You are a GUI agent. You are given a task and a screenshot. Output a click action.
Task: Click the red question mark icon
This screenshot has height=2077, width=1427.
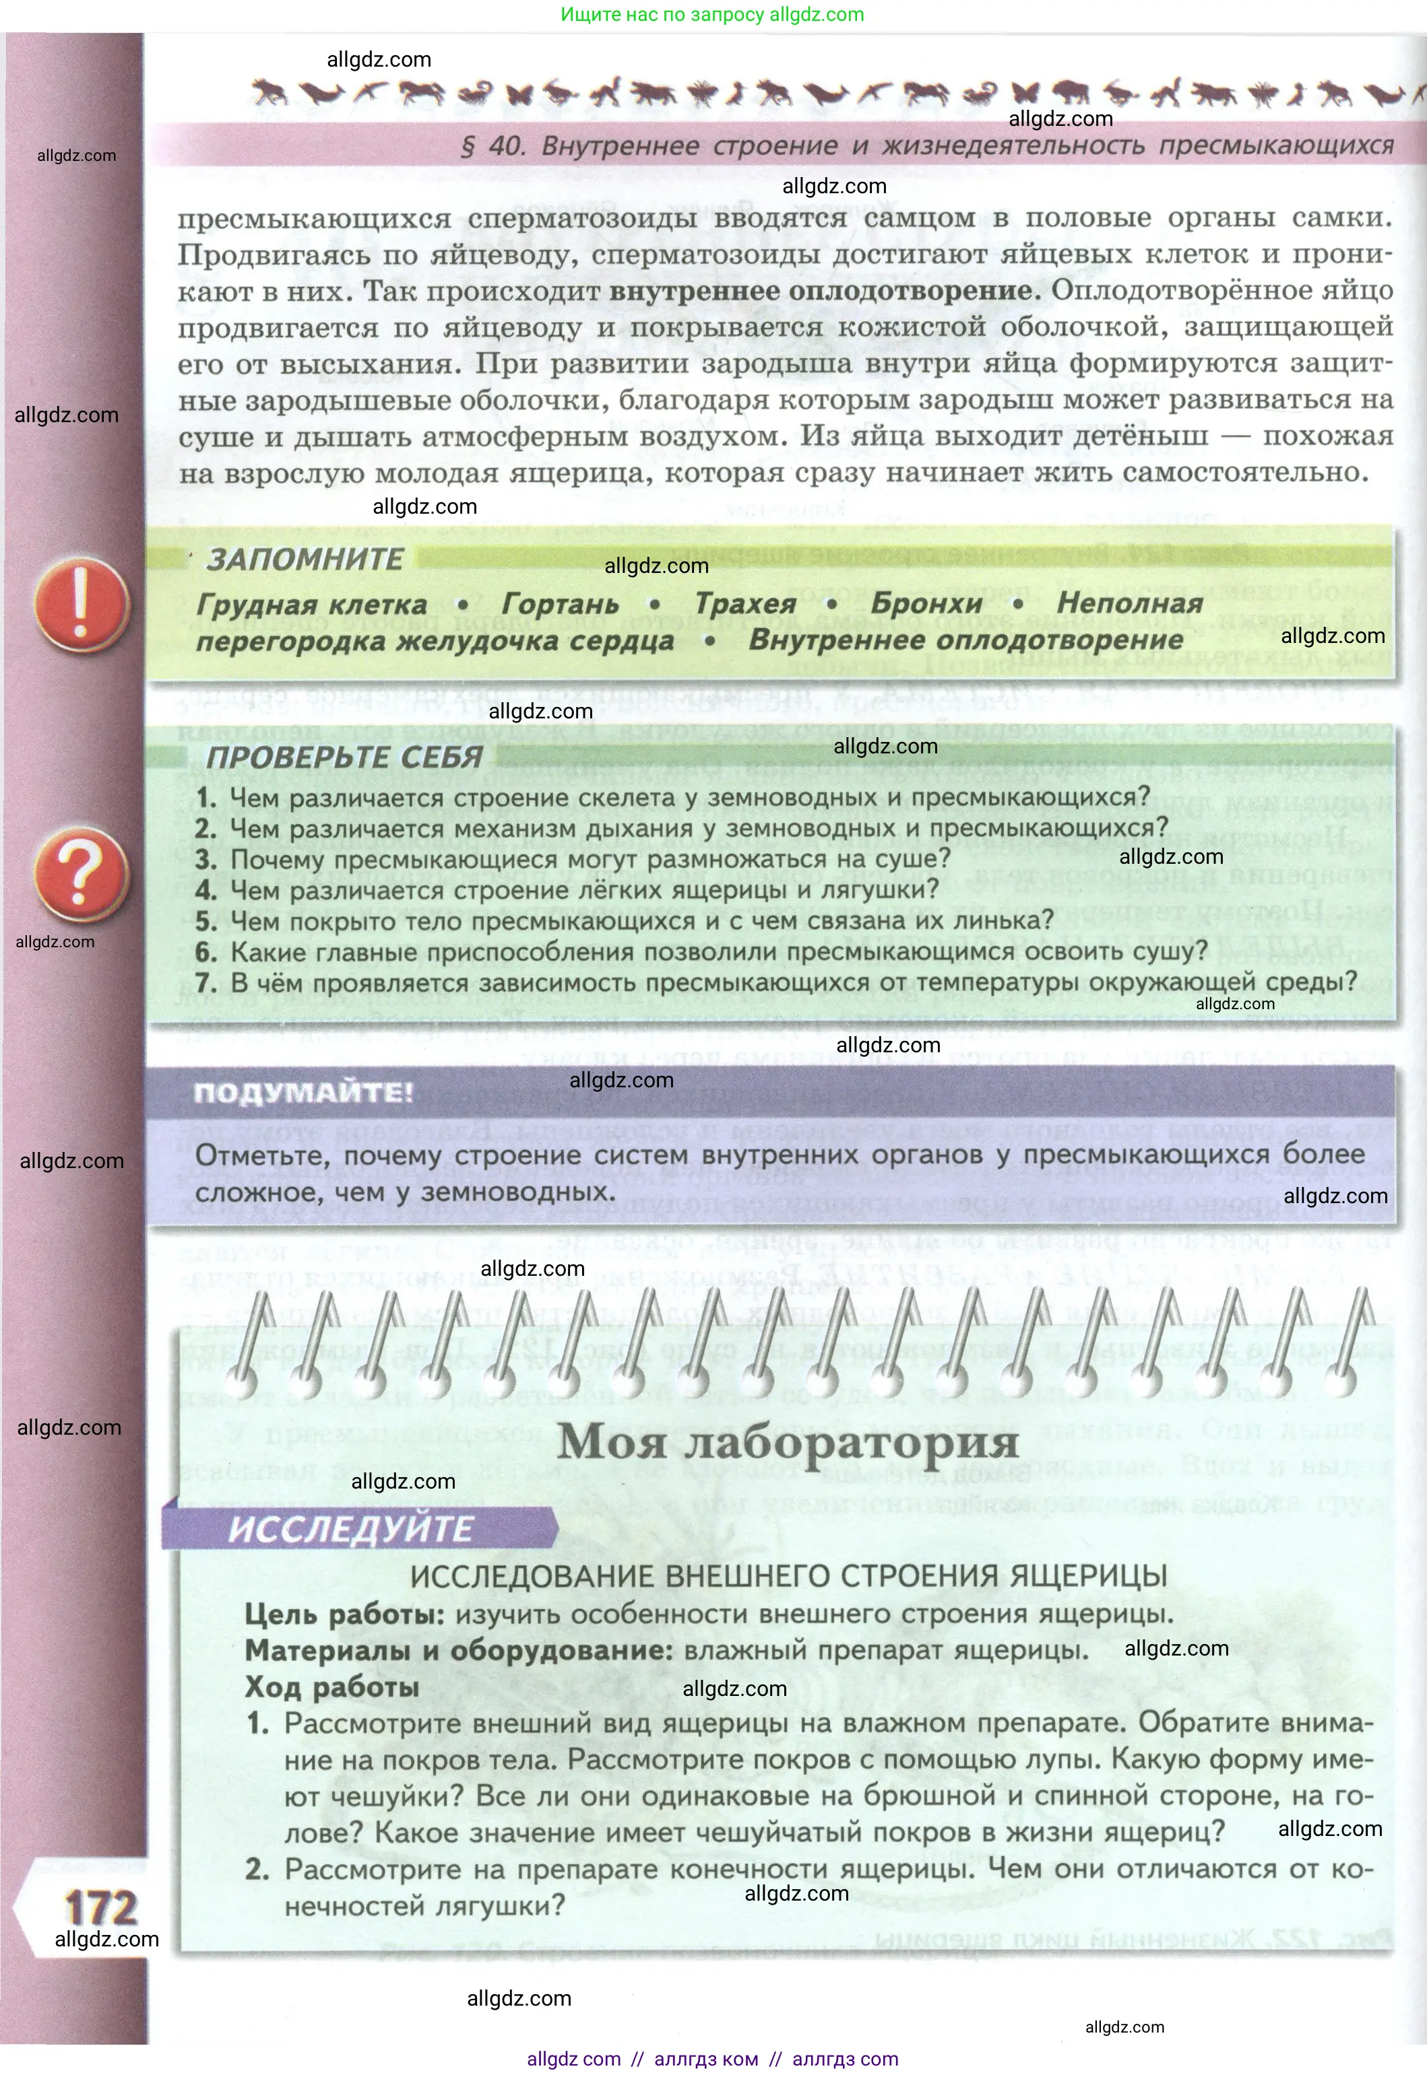pyautogui.click(x=82, y=874)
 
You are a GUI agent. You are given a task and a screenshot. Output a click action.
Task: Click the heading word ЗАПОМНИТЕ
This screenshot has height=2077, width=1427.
pyautogui.click(x=305, y=559)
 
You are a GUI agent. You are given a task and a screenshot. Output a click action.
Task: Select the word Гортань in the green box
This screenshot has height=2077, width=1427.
pyautogui.click(x=560, y=604)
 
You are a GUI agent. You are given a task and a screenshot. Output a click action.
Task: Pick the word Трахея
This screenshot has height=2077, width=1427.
pyautogui.click(x=746, y=604)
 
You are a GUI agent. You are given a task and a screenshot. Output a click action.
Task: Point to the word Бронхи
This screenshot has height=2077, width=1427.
pyautogui.click(x=926, y=604)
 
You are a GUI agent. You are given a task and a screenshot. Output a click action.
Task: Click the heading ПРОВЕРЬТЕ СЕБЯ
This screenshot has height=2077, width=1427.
pyautogui.click(x=344, y=757)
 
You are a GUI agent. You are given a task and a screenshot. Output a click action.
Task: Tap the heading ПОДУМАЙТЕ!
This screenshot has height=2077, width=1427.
pyautogui.click(x=303, y=1092)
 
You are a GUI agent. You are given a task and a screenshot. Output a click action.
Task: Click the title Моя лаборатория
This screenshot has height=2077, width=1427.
pyautogui.click(x=788, y=1441)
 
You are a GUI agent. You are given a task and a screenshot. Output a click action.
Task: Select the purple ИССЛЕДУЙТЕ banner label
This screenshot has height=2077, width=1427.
pyautogui.click(x=350, y=1529)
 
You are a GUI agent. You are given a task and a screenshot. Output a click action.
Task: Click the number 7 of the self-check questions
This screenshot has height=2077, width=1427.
pyautogui.click(x=205, y=982)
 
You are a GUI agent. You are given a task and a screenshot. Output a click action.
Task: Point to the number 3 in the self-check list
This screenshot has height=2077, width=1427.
pyautogui.click(x=205, y=860)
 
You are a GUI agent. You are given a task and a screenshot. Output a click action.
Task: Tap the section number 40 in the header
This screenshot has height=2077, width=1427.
pyautogui.click(x=506, y=145)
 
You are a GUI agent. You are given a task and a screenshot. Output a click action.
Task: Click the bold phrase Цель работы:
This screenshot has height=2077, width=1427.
pyautogui.click(x=344, y=1614)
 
